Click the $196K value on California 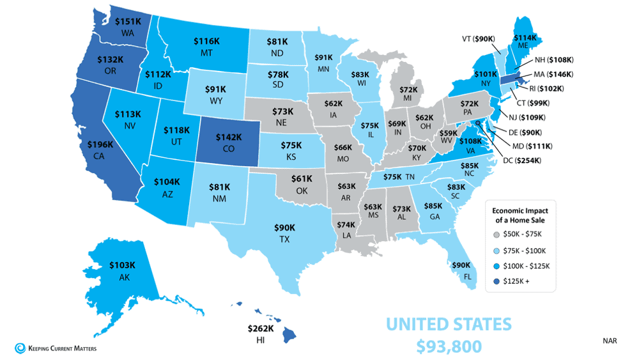101,145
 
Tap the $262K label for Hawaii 260,329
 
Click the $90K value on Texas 284,227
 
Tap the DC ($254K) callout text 522,160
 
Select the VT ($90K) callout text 478,39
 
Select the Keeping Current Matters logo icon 19,348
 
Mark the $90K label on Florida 461,265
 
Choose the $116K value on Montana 206,41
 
